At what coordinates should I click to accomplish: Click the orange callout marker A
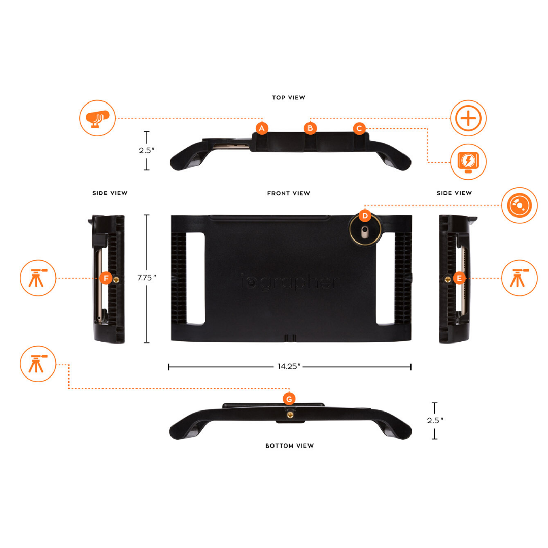pyautogui.click(x=262, y=128)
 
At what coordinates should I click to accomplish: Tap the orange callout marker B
pyautogui.click(x=310, y=128)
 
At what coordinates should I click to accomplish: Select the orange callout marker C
pyautogui.click(x=359, y=128)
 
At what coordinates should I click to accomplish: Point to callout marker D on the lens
pyautogui.click(x=364, y=216)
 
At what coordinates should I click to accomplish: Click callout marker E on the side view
pyautogui.click(x=459, y=278)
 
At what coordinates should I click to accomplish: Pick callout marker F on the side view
pyautogui.click(x=106, y=278)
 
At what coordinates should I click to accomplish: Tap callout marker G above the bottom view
pyautogui.click(x=289, y=399)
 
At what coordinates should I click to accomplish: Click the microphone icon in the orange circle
pyautogui.click(x=97, y=118)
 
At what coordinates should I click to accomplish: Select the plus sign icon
pyautogui.click(x=468, y=118)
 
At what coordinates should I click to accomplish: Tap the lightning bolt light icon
pyautogui.click(x=468, y=162)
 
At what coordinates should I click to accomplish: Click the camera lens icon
pyautogui.click(x=519, y=205)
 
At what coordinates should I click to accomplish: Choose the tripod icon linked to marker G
pyautogui.click(x=38, y=365)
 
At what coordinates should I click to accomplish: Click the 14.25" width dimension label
pyautogui.click(x=290, y=367)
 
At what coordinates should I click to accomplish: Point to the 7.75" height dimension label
pyautogui.click(x=147, y=278)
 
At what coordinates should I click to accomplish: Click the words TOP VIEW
pyautogui.click(x=289, y=97)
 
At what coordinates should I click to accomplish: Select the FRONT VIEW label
pyautogui.click(x=289, y=193)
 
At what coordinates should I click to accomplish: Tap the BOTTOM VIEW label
pyautogui.click(x=290, y=446)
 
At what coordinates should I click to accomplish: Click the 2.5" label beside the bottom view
pyautogui.click(x=435, y=421)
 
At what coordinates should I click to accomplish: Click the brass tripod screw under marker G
pyautogui.click(x=290, y=416)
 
